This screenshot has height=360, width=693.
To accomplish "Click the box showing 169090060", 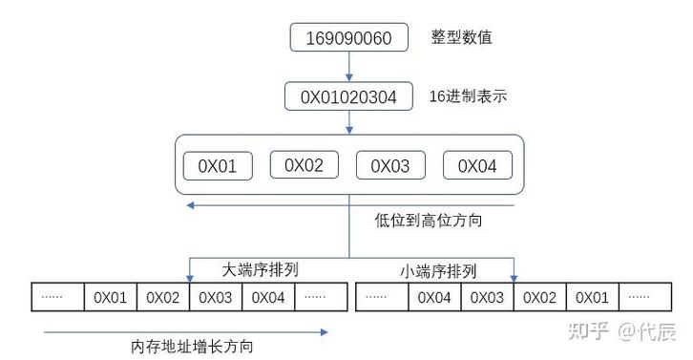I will pos(348,38).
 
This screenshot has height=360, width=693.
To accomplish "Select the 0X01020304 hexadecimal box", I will pos(348,96).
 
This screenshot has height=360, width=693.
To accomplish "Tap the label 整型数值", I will pos(461,38).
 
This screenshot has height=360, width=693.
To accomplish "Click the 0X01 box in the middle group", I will pos(217,166).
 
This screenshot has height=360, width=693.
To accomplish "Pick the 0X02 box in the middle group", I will pos(304,165).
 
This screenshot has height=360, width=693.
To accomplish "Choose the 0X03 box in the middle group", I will pos(389,166).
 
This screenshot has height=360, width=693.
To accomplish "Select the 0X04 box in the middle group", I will pos(477,166).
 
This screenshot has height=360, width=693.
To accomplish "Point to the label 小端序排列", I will pos(437,271).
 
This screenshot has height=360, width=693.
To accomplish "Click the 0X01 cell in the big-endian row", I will pos(110,297).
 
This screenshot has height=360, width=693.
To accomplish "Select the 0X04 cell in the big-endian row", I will pos(267,297).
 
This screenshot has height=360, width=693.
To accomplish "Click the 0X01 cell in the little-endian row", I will pos(592,297).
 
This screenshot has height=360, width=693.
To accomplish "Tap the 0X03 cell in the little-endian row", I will pos(487,297).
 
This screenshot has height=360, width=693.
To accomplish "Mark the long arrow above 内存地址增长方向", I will pos(186,331).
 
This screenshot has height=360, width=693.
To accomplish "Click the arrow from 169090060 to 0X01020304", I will pos(348,67).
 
